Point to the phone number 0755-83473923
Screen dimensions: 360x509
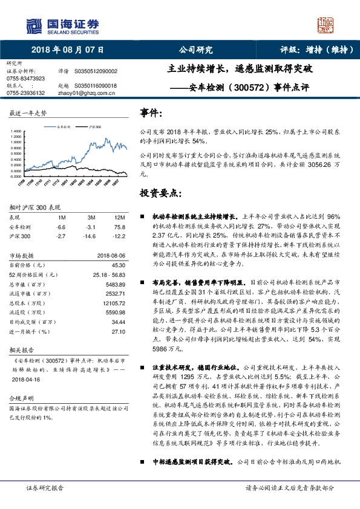coord(25,79)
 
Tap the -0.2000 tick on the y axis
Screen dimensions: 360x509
coord(16,176)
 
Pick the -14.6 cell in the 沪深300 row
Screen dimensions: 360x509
coord(92,236)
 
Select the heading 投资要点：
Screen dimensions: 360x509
coord(160,193)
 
